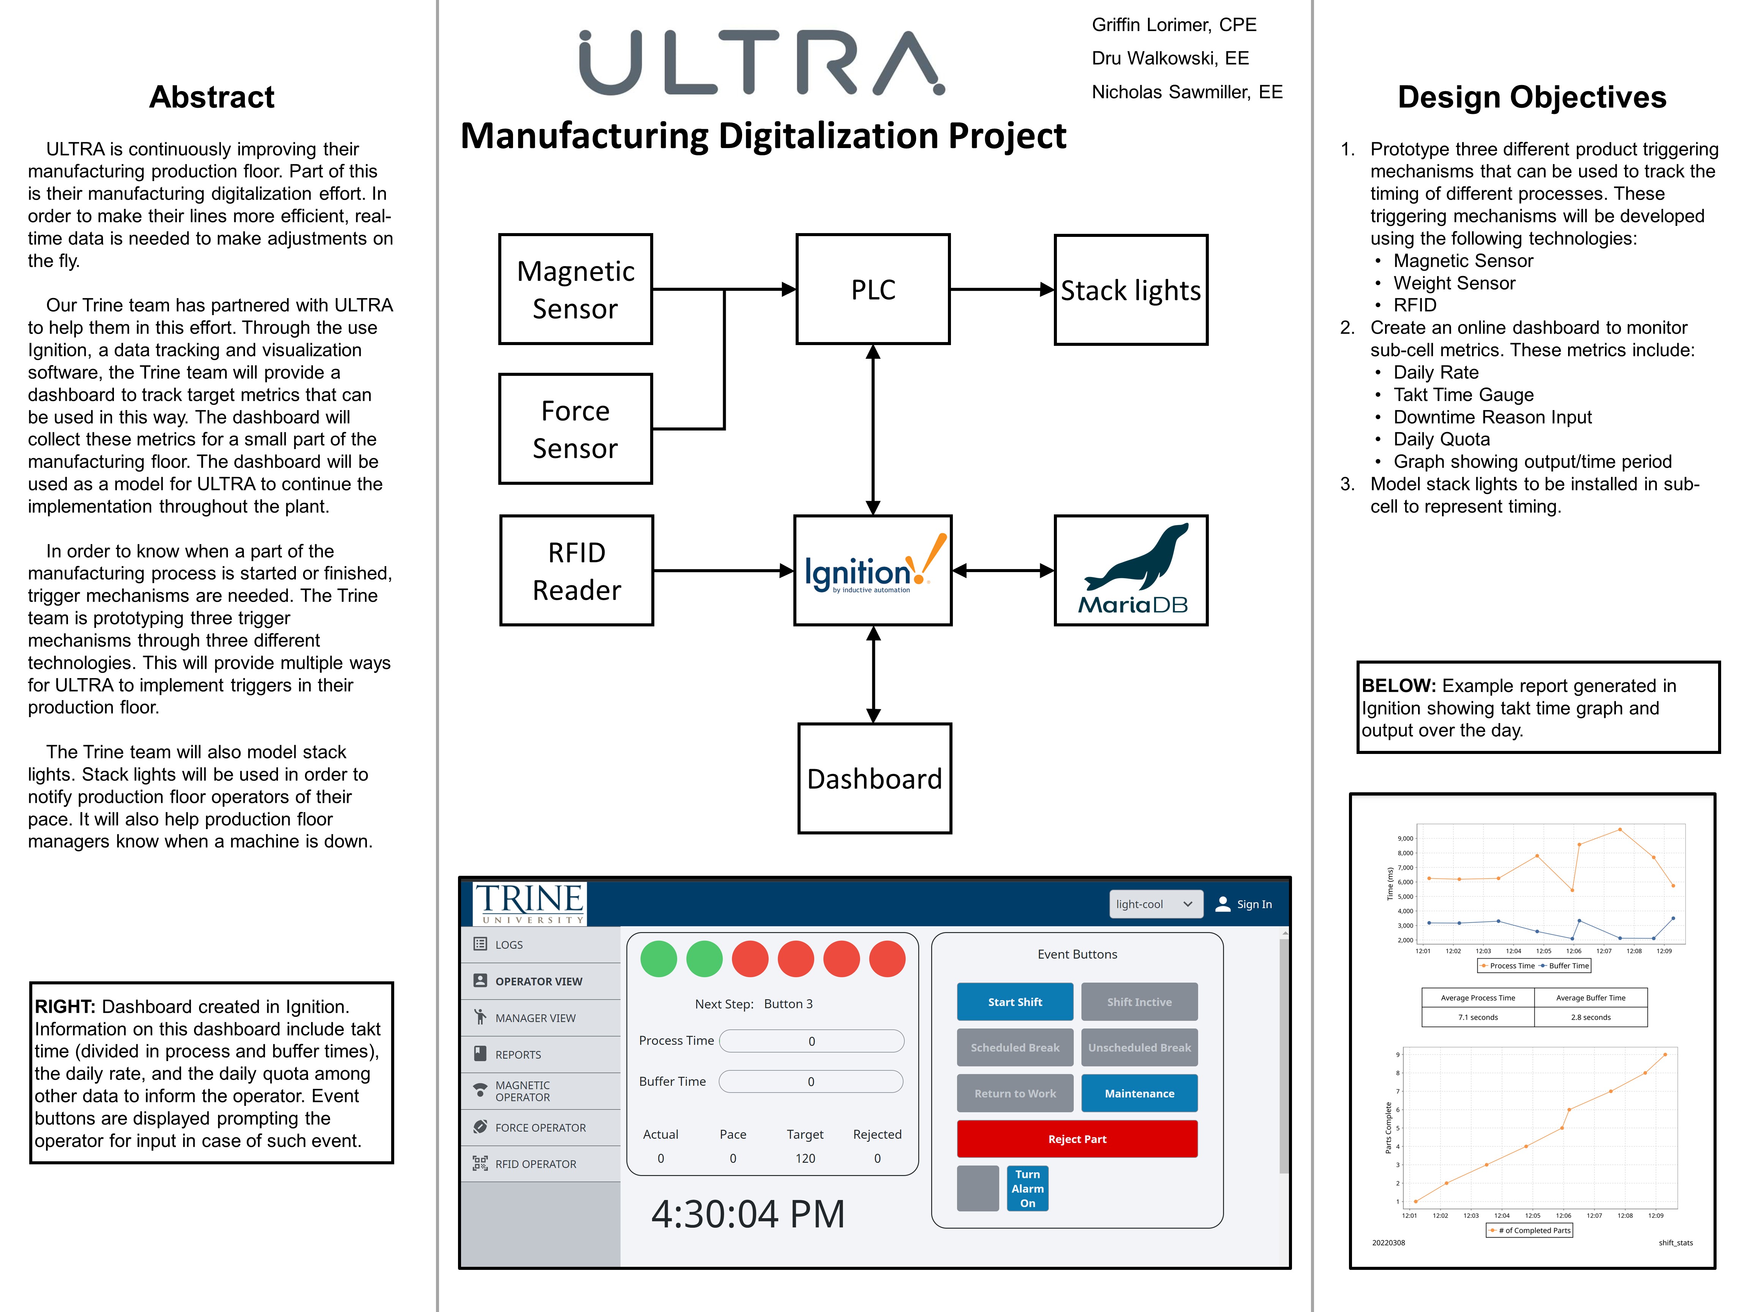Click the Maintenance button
1139,1093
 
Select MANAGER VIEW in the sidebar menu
535,1018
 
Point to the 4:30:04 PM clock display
748,1214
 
